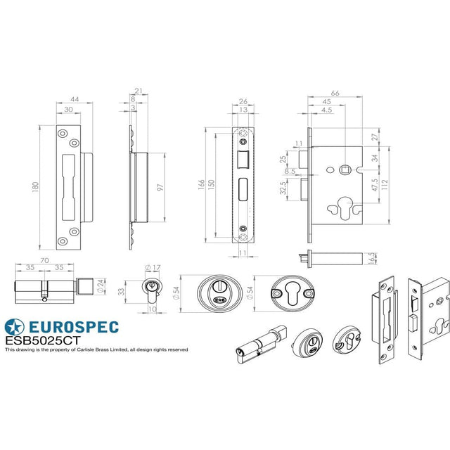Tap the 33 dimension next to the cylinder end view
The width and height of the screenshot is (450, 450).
point(121,291)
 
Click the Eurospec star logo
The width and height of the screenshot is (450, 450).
point(14,327)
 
